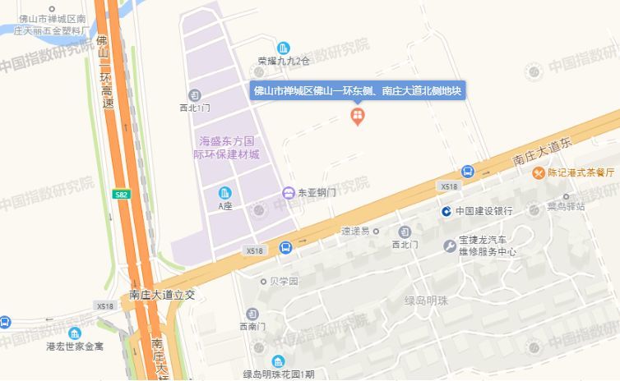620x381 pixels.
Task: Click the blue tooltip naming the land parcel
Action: pos(358,90)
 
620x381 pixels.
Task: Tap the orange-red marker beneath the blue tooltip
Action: pos(358,116)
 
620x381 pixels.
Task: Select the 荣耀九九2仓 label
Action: pos(283,61)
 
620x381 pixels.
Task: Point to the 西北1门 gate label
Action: pos(195,108)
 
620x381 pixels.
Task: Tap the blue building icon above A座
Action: pos(225,193)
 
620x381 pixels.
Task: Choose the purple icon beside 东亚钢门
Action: pos(289,193)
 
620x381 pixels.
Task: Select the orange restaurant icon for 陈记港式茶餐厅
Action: pos(538,172)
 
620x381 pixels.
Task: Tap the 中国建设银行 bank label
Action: pos(483,211)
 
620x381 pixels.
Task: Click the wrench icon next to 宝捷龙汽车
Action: pos(450,246)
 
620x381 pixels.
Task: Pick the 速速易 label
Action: pos(356,231)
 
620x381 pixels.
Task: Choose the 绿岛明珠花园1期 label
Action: pos(279,374)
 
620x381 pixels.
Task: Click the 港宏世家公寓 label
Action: pos(75,347)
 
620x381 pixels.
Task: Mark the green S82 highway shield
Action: pos(122,194)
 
